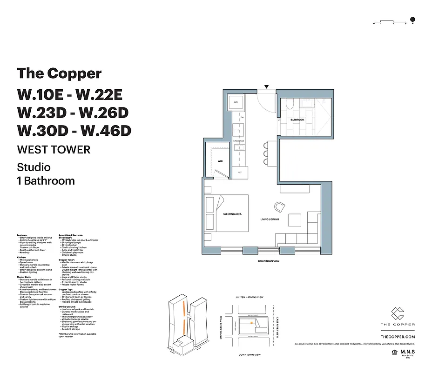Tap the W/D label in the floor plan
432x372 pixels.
pyautogui.click(x=236, y=102)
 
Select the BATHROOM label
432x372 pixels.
pyautogui.click(x=297, y=120)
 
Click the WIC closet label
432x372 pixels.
pyautogui.click(x=220, y=161)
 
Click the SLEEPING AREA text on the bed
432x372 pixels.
pyautogui.click(x=232, y=214)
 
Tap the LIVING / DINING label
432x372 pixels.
pyautogui.click(x=270, y=219)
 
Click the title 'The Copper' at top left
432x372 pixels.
pyautogui.click(x=59, y=73)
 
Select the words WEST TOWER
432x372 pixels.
pyautogui.click(x=54, y=150)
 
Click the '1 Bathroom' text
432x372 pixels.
pyautogui.click(x=46, y=180)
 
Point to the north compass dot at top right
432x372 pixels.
pyautogui.click(x=412, y=20)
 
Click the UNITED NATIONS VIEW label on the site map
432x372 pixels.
pyautogui.click(x=250, y=297)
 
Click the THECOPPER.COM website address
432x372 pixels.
pyautogui.click(x=398, y=336)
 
